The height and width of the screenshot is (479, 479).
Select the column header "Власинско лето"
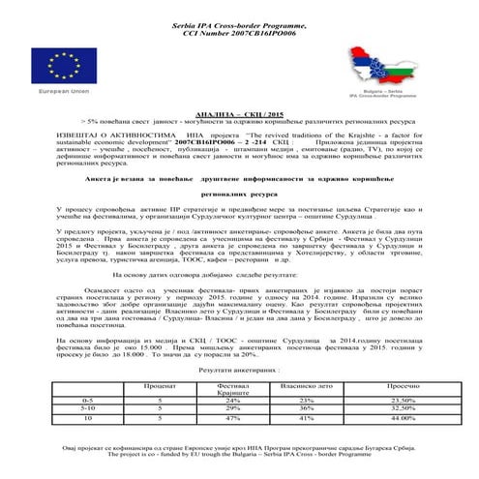pyautogui.click(x=307, y=384)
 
